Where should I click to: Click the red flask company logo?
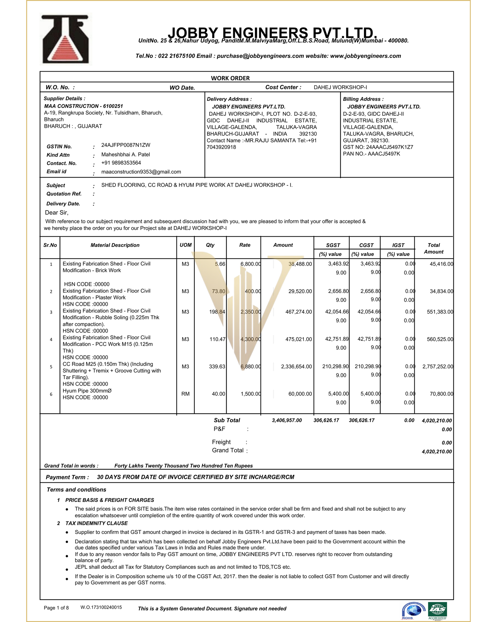click(66, 39)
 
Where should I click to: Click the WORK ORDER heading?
click(230, 78)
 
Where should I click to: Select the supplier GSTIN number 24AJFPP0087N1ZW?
click(125, 145)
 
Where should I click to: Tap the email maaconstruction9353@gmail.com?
click(141, 172)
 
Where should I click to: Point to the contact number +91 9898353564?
click(121, 163)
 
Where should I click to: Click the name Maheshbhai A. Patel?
click(125, 154)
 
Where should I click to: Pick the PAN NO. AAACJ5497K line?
click(371, 154)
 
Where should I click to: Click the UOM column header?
click(185, 245)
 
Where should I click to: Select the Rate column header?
click(244, 245)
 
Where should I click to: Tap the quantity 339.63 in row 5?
click(217, 366)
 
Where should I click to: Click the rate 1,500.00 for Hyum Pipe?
click(250, 394)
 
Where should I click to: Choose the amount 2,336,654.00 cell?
click(296, 366)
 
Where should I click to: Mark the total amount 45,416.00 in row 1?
click(441, 264)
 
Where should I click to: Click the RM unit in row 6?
click(185, 394)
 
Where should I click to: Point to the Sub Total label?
click(227, 420)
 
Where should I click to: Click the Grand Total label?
click(228, 450)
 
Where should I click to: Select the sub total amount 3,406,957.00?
click(287, 420)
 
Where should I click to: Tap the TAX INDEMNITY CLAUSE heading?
click(96, 523)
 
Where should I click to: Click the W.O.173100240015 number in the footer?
click(101, 607)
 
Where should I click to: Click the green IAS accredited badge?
click(437, 610)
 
